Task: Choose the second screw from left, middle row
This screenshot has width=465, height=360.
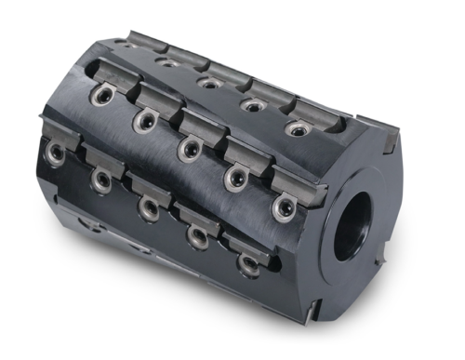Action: point(144,119)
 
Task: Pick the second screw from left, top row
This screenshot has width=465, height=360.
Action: point(211,84)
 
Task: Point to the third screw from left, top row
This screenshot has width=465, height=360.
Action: point(252,106)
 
